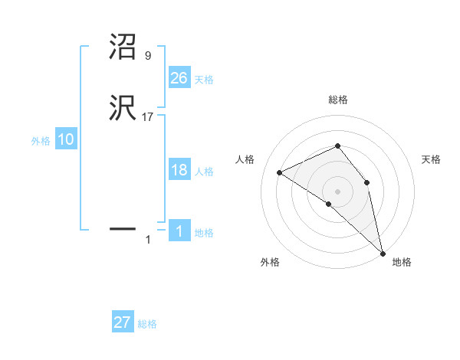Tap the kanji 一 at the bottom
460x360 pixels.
[x=122, y=228]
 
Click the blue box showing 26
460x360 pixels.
[x=179, y=77]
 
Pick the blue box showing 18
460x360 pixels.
[x=179, y=170]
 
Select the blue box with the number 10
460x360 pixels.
[x=65, y=139]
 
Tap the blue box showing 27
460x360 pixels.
[x=123, y=322]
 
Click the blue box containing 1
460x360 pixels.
[x=179, y=231]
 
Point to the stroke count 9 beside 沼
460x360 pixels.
[x=147, y=56]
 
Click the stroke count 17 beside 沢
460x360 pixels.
[x=148, y=117]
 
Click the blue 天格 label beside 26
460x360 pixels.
[x=204, y=79]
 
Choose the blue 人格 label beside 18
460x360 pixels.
[x=204, y=172]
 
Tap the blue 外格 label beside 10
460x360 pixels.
[x=41, y=141]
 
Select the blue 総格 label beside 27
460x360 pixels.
[x=147, y=324]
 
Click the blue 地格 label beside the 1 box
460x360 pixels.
[x=204, y=233]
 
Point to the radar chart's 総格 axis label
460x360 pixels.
[x=337, y=100]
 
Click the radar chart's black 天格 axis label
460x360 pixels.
[x=431, y=159]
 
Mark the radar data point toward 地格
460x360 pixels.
[x=383, y=252]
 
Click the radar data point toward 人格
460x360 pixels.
[x=280, y=172]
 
